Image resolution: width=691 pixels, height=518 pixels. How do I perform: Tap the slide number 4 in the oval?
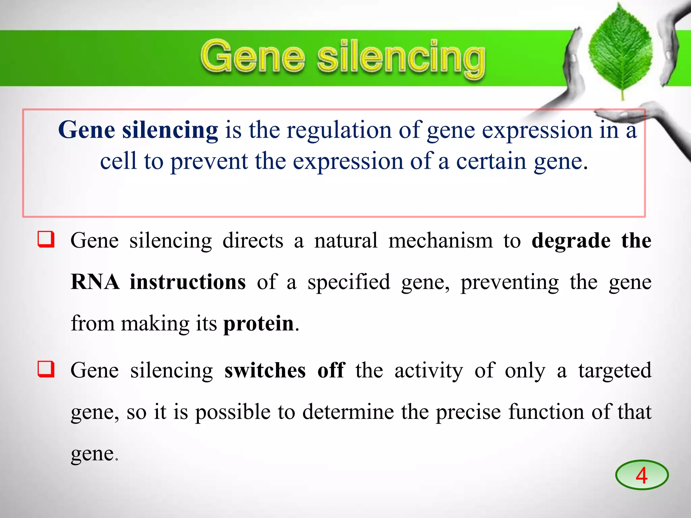[x=641, y=475]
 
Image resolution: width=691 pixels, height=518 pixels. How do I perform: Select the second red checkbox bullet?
[x=46, y=369]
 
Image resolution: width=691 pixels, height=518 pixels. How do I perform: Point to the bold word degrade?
[x=571, y=241]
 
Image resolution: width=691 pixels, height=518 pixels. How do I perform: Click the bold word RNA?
[x=95, y=282]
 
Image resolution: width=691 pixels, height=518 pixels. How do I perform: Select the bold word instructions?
[x=188, y=282]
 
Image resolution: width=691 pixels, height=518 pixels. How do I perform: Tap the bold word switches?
[x=265, y=370]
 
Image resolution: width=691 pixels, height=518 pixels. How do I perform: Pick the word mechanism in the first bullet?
[x=440, y=241]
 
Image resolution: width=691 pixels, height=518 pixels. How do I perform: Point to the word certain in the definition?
[x=491, y=161]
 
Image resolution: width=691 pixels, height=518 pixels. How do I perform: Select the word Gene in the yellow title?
[x=253, y=57]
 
